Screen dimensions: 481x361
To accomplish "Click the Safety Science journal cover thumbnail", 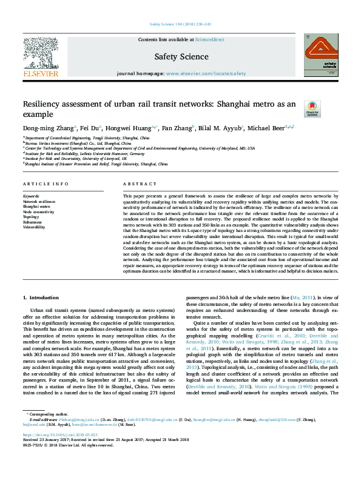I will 321,54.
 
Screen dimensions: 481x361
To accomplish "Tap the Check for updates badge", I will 312,108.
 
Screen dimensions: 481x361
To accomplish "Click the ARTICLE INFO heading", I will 46,184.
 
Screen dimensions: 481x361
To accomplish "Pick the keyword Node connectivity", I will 39,212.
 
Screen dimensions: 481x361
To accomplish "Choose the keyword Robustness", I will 33,222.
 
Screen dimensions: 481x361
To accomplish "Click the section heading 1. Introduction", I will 41,298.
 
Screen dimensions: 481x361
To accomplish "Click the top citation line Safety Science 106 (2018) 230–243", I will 180,25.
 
